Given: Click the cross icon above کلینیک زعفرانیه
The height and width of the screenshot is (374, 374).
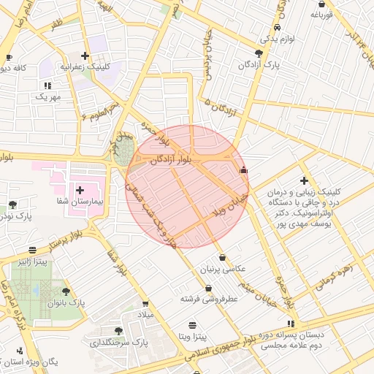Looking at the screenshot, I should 86,56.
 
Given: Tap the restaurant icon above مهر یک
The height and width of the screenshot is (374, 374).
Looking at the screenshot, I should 47,85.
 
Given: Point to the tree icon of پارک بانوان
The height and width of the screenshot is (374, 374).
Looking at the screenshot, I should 66,291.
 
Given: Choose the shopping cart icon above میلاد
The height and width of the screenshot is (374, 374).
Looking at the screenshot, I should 145,303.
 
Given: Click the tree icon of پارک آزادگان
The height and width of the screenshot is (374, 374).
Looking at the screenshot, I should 259,53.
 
